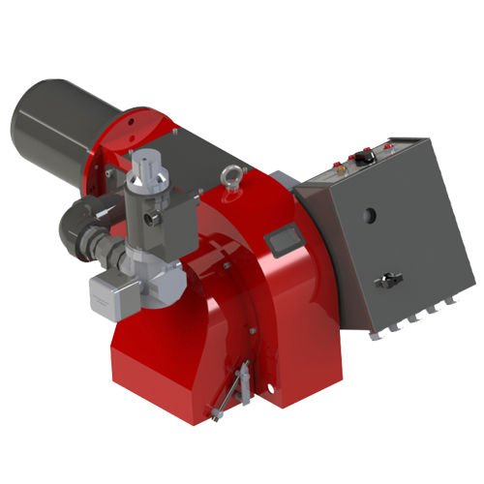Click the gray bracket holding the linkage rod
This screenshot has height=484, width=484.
pos(245,373)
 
